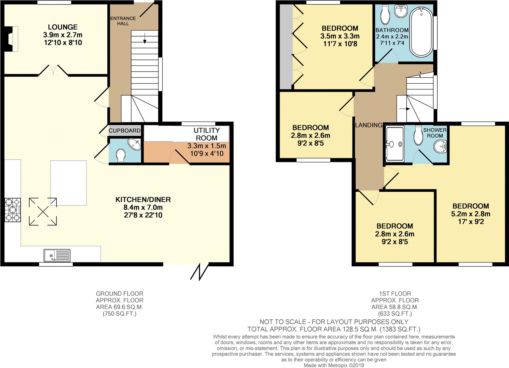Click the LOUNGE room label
[x=63, y=27]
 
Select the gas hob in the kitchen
[x=13, y=210]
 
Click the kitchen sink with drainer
[x=57, y=255]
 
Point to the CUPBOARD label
[x=124, y=131]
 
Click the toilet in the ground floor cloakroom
[x=121, y=155]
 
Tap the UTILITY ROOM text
[x=206, y=134]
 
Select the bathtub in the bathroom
[x=421, y=32]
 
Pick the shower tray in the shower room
[x=395, y=144]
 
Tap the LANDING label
[x=369, y=125]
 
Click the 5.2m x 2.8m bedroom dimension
[x=471, y=214]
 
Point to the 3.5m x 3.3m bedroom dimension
[x=340, y=36]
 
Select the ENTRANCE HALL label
[x=123, y=21]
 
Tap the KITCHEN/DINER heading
[x=143, y=200]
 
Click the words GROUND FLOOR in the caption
[x=119, y=294]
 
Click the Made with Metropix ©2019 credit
[x=334, y=365]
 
